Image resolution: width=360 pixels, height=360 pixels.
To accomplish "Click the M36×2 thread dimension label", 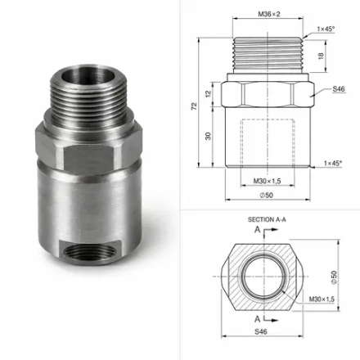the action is click(269, 14).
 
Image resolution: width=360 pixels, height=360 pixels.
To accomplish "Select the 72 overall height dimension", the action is click(194, 106).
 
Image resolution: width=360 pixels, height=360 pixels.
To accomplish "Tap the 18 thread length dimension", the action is click(321, 56).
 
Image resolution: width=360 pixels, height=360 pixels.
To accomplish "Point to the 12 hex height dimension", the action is click(208, 94).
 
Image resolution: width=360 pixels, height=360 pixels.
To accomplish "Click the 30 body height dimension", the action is click(208, 136).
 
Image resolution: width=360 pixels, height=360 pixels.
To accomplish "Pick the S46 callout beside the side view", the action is click(339, 89).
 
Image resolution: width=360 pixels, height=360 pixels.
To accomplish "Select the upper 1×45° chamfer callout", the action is click(326, 29).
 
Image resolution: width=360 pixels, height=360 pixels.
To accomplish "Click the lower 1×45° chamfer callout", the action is click(333, 163).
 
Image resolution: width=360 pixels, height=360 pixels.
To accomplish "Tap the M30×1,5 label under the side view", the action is click(267, 181).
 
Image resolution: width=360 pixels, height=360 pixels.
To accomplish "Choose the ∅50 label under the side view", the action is click(267, 196).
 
